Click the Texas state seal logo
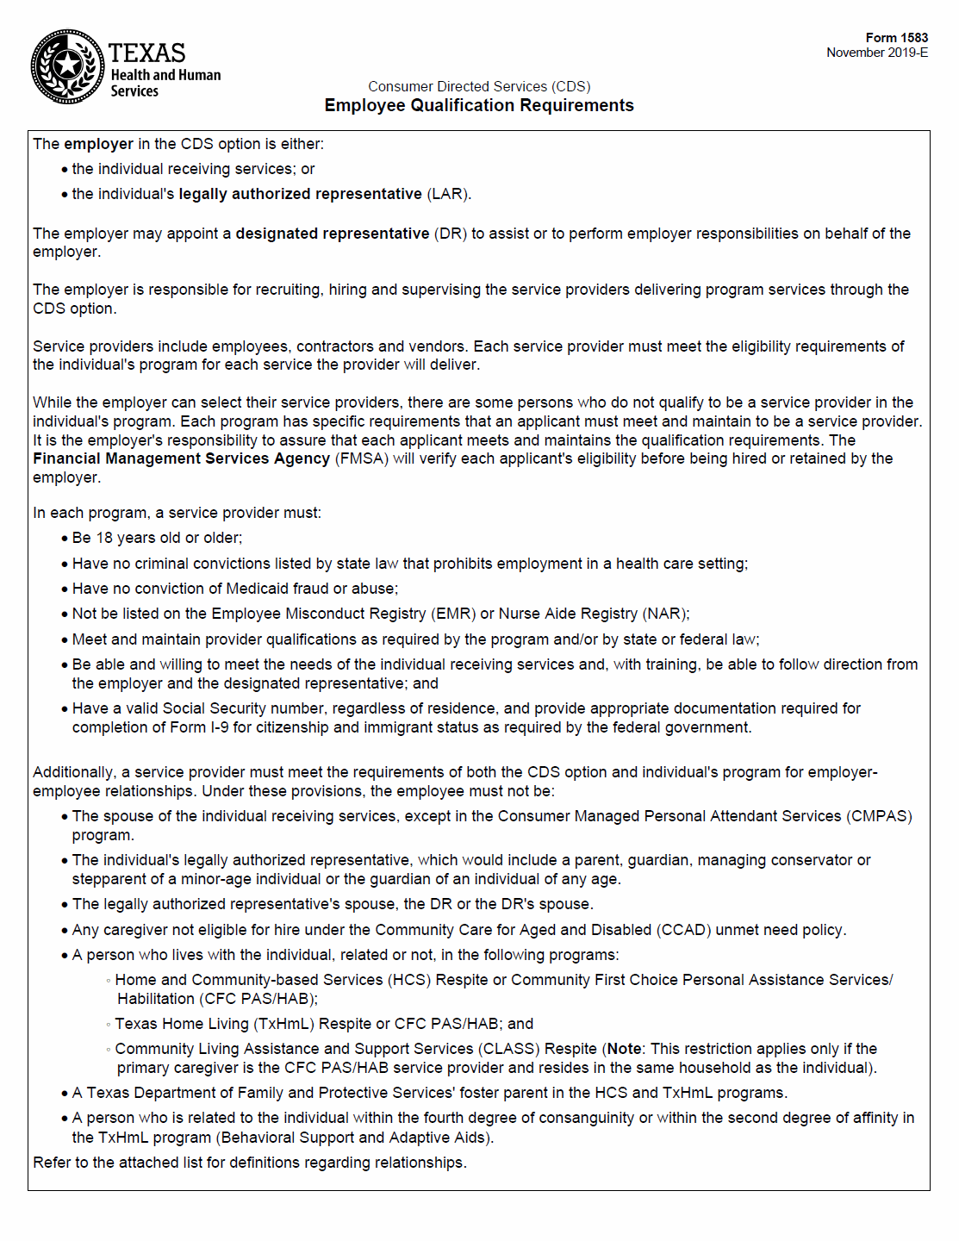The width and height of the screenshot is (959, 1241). click(67, 66)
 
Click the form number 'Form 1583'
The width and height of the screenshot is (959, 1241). click(896, 38)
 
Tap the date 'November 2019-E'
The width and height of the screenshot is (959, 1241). click(877, 53)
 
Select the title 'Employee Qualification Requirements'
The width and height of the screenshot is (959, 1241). click(479, 105)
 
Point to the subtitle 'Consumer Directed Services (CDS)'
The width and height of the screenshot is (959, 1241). click(479, 86)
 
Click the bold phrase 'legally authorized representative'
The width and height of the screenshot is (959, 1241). click(300, 194)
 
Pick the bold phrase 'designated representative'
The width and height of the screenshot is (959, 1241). click(333, 234)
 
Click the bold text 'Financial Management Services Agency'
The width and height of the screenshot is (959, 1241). click(181, 458)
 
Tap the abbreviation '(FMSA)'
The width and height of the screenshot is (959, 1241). click(362, 458)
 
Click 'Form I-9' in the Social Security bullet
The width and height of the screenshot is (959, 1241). click(198, 727)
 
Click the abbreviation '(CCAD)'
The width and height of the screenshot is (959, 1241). click(683, 930)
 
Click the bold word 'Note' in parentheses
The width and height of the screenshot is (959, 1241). click(624, 1049)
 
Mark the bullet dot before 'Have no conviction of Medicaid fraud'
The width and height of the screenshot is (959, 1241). click(65, 589)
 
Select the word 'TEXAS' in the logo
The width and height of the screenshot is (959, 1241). click(146, 53)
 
